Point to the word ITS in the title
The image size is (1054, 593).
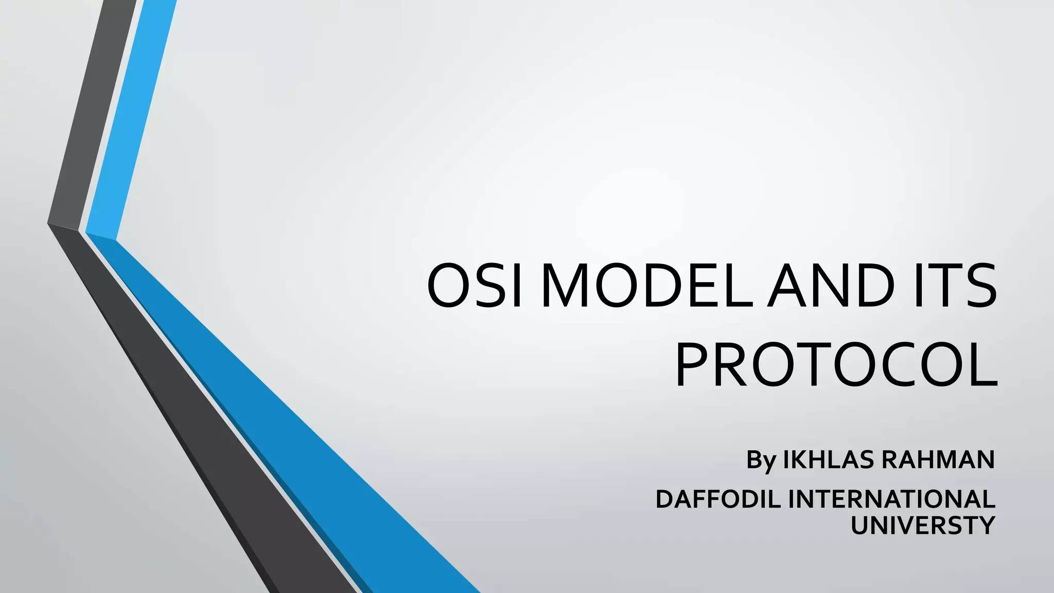(952, 286)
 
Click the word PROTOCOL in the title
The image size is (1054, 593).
(836, 363)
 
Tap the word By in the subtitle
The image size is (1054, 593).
(761, 460)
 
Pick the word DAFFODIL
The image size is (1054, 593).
(718, 499)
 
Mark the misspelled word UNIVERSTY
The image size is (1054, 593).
(922, 526)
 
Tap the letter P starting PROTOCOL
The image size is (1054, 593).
(693, 363)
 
